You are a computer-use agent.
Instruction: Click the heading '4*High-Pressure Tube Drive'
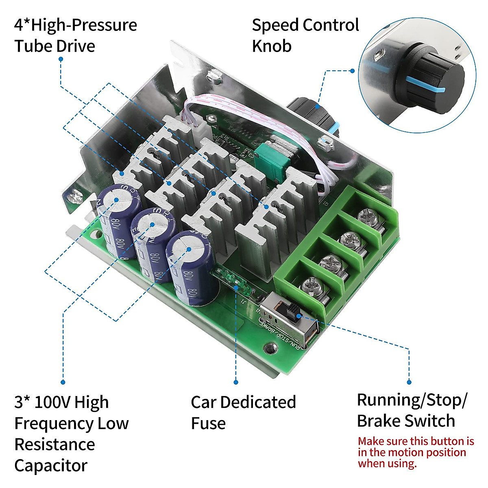76,35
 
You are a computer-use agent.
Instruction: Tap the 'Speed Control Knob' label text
305,35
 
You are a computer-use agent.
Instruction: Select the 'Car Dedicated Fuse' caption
243,413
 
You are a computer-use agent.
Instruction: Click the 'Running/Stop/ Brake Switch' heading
412,410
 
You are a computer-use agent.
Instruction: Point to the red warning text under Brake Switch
416,452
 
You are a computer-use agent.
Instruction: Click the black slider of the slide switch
292,314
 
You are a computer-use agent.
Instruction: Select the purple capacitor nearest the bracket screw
118,220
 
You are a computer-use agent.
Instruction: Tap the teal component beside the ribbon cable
274,163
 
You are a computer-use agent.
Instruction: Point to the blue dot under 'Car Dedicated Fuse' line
236,382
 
